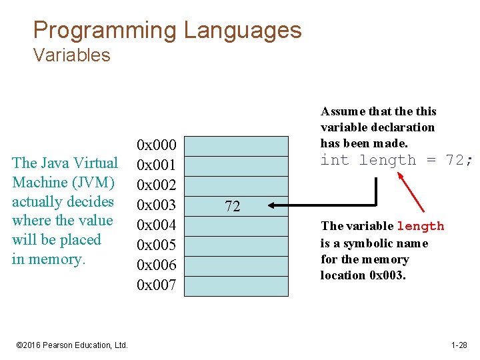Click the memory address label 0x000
click(156, 145)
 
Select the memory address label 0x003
click(156, 205)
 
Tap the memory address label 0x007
click(156, 285)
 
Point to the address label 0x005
click(156, 245)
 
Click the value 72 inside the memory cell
click(232, 207)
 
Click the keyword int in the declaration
click(335, 160)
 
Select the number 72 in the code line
click(457, 160)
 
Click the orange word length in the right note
click(420, 227)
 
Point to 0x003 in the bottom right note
click(386, 275)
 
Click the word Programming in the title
click(105, 31)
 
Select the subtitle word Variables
click(71, 55)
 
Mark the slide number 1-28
click(459, 345)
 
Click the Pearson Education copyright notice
click(71, 345)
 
